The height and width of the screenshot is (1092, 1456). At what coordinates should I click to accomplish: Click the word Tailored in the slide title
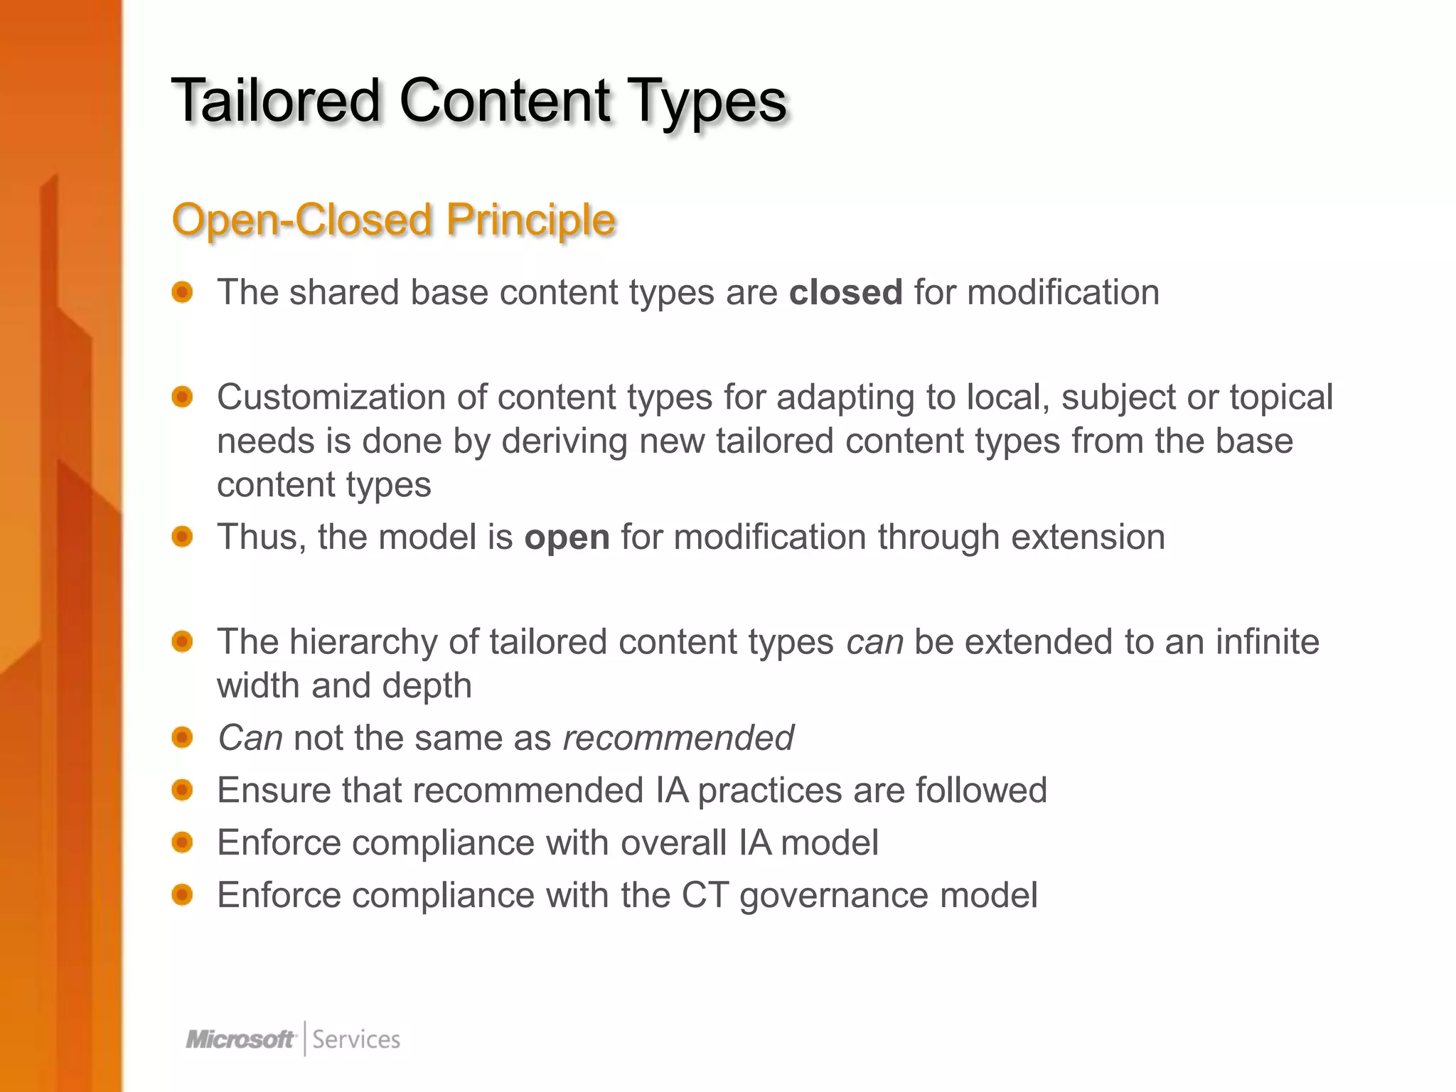(x=276, y=101)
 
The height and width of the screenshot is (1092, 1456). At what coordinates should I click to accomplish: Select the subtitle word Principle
(x=530, y=220)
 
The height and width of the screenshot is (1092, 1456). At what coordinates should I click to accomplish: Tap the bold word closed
(x=845, y=292)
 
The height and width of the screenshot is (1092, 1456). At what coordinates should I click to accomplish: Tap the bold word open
(x=567, y=537)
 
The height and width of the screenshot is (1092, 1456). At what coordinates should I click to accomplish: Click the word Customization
(x=331, y=397)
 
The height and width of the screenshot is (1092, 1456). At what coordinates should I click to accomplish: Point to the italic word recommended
(x=678, y=738)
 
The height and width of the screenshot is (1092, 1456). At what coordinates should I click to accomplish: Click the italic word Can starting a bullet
(x=250, y=738)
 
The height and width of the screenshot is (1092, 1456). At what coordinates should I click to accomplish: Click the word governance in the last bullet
(x=834, y=896)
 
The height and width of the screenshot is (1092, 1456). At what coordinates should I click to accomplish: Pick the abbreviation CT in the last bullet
(x=705, y=895)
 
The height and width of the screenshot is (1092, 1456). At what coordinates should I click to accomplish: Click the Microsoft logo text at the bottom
(x=240, y=1039)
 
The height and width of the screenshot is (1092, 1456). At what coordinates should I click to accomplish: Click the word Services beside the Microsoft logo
(x=356, y=1039)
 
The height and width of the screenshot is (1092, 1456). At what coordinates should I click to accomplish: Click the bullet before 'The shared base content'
(x=183, y=292)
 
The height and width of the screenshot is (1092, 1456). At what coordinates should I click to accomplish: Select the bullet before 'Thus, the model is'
(x=183, y=537)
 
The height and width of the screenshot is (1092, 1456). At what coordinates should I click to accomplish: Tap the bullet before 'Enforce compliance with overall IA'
(x=183, y=842)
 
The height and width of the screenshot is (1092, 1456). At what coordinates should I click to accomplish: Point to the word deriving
(x=564, y=441)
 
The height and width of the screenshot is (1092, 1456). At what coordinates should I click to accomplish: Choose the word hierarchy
(x=363, y=642)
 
